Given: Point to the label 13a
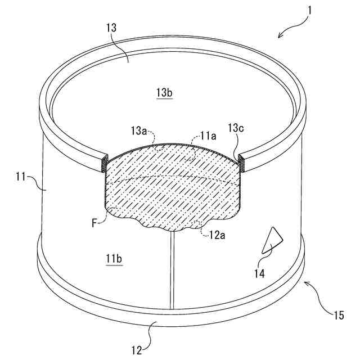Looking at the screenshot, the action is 138,131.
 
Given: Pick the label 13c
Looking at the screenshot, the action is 236,129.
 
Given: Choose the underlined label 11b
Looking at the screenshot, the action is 115,258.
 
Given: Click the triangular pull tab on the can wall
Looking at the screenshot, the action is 272,240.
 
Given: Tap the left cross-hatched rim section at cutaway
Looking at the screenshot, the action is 104,164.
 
